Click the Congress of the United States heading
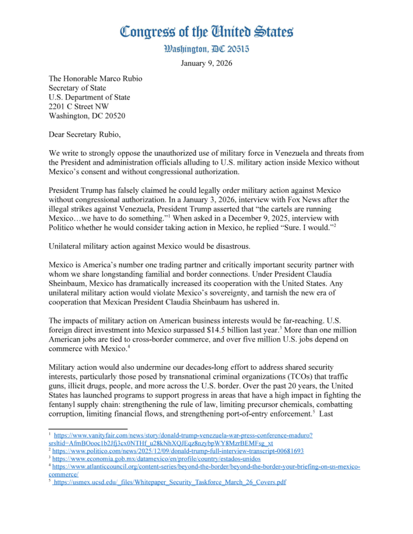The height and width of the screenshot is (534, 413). click(x=207, y=32)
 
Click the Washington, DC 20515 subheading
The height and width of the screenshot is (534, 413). click(x=207, y=50)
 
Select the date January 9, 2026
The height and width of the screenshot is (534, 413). click(x=207, y=64)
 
